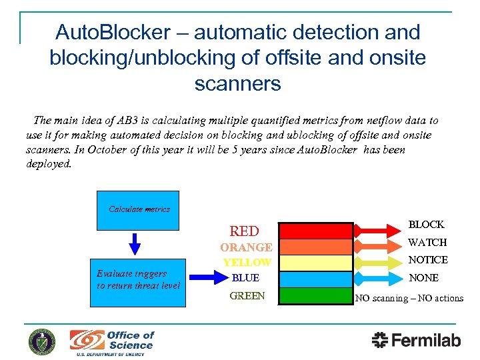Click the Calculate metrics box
tap(138, 210)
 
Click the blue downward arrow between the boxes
tap(135, 243)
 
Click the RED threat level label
tap(244, 231)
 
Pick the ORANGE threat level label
tap(246, 247)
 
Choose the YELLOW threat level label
tap(247, 263)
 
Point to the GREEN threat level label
tap(247, 296)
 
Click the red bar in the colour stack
tap(315, 231)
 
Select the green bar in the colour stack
tap(315, 295)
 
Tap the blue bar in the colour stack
tap(315, 279)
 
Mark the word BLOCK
tap(426, 225)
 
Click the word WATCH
tap(427, 242)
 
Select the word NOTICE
tap(428, 259)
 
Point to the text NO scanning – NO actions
tap(409, 298)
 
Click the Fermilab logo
tap(416, 340)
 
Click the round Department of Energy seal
tap(42, 342)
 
